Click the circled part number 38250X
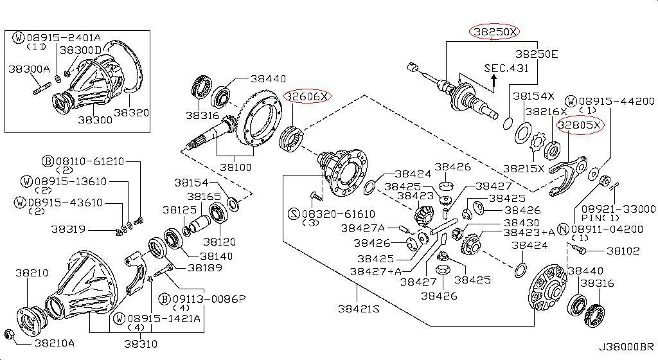[x=495, y=31]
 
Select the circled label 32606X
[x=308, y=96]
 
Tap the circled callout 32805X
[x=580, y=125]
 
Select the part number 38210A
[x=55, y=343]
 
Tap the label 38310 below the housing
[x=141, y=343]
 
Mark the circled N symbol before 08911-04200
[x=563, y=229]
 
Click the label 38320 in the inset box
[x=132, y=113]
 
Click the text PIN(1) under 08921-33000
[x=600, y=219]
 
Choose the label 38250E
[x=536, y=55]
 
